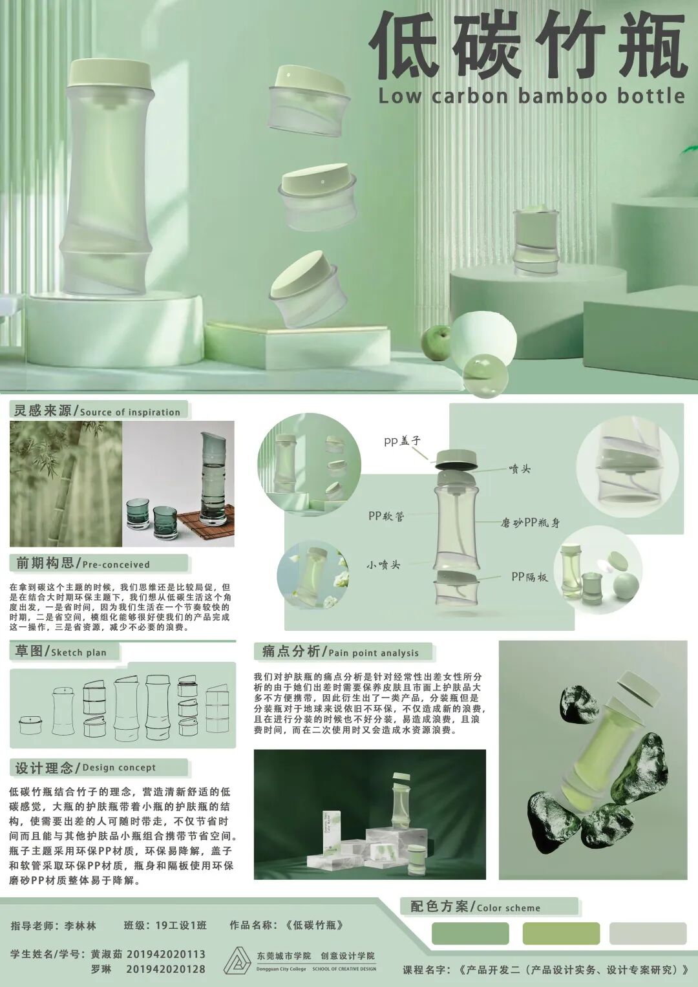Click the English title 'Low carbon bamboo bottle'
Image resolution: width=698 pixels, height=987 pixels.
[531, 96]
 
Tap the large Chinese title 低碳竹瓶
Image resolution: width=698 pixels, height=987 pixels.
[527, 47]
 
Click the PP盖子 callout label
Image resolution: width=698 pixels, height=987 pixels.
[402, 441]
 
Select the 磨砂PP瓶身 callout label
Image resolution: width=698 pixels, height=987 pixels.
[530, 522]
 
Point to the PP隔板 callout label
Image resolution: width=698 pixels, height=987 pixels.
[529, 577]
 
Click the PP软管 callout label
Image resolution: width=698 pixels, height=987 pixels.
[386, 516]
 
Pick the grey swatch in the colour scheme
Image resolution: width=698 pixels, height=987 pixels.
[648, 933]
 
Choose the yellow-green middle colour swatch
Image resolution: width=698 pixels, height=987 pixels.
[561, 933]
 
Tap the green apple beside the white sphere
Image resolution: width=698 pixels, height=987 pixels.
[437, 343]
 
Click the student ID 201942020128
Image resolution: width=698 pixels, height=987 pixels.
[165, 969]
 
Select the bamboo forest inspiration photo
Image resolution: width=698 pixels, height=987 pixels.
[66, 483]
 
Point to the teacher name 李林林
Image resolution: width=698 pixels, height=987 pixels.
[80, 926]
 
